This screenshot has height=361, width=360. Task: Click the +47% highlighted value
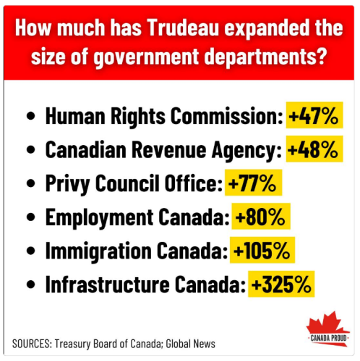pos(314,116)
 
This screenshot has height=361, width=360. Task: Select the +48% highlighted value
pos(313,149)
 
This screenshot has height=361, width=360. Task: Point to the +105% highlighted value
pos(262,251)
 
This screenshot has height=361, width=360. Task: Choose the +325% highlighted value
pos(282,284)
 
